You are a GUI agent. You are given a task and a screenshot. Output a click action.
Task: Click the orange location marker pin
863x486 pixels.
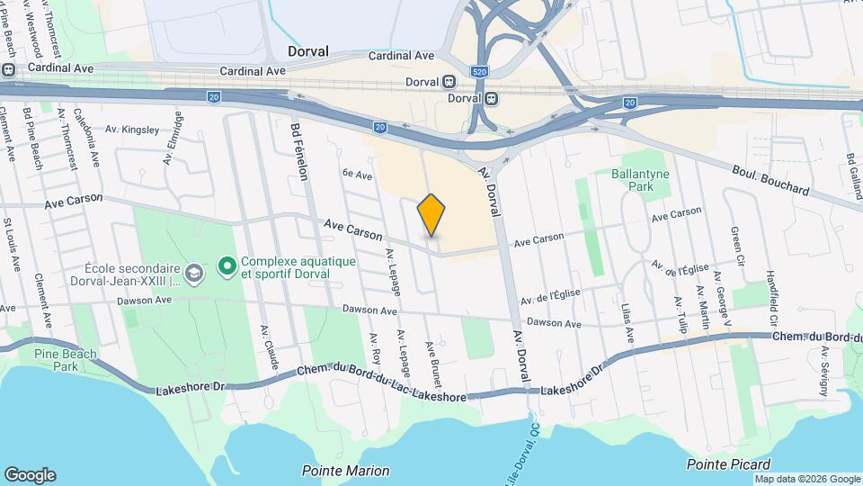click(x=431, y=214)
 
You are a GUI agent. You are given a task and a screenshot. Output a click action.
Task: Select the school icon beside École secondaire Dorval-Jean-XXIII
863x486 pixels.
click(x=193, y=272)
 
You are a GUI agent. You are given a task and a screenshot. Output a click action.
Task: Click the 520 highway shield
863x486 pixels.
click(x=479, y=69)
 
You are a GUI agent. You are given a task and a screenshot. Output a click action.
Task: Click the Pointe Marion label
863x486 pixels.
click(x=346, y=471)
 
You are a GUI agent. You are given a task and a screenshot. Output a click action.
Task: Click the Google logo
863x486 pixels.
click(x=30, y=474)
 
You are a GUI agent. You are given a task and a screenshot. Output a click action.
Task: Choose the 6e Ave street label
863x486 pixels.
click(x=357, y=174)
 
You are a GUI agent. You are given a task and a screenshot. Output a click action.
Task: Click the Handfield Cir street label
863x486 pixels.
click(x=771, y=292)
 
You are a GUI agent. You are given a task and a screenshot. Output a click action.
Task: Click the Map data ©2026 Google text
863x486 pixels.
click(x=807, y=479)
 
